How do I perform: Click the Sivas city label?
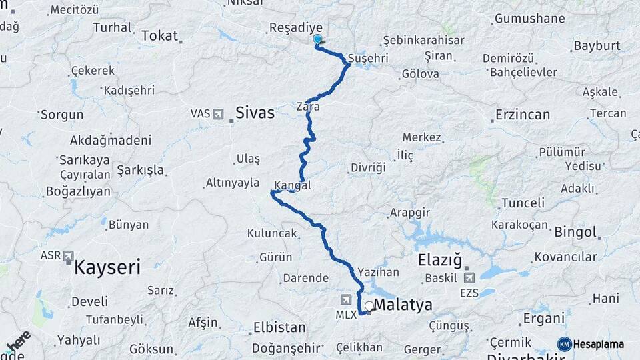[255, 113]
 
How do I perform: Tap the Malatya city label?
[403, 305]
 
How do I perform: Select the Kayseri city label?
[107, 268]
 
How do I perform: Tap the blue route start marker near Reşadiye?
[317, 40]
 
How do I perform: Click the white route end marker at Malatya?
[369, 307]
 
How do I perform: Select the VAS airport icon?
[217, 114]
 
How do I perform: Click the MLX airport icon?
[346, 300]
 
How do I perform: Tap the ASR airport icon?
[69, 255]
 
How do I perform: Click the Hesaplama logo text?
[598, 345]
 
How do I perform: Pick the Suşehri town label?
[368, 59]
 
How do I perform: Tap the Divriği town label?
[368, 167]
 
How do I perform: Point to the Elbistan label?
[279, 327]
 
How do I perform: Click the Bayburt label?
[596, 46]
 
